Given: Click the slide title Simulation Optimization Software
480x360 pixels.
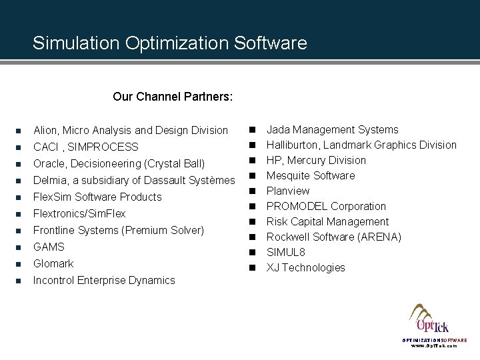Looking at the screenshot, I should (170, 43).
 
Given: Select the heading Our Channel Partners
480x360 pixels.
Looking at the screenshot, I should (173, 97).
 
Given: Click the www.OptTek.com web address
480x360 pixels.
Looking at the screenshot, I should (434, 346).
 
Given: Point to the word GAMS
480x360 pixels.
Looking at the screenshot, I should (49, 247).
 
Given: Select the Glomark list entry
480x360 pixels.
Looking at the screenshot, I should (53, 263).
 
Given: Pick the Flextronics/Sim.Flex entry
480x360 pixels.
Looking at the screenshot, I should (79, 213).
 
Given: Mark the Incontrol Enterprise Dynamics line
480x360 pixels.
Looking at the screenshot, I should (104, 280).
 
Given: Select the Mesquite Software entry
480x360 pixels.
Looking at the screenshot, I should (311, 175).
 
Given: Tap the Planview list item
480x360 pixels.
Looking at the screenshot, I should (288, 191).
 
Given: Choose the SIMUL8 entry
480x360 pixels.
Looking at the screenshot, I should (285, 252).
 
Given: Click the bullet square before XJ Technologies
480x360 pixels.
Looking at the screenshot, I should (253, 268).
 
